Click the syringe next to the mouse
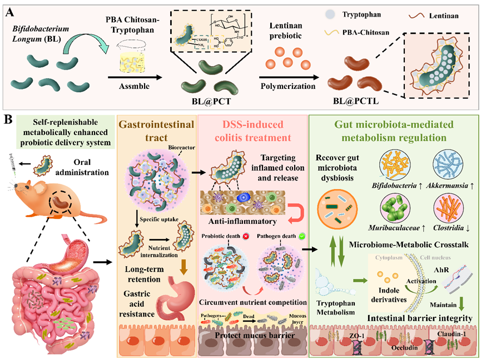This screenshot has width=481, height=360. tap(11, 165)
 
